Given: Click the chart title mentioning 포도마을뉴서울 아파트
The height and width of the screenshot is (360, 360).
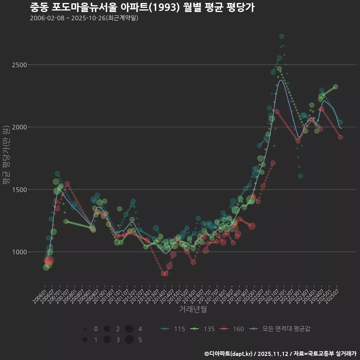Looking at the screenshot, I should [x=142, y=7].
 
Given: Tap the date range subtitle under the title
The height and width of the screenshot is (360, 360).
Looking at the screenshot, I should [x=84, y=18].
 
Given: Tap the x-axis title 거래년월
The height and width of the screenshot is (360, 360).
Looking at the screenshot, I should [x=193, y=309].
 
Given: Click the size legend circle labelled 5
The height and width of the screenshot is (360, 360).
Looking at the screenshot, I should [x=129, y=340].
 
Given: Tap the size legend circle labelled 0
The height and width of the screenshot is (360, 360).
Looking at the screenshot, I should [x=85, y=329].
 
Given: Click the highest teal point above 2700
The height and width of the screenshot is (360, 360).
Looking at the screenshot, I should [x=282, y=36].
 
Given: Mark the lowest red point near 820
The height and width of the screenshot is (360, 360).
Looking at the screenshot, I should [x=164, y=273].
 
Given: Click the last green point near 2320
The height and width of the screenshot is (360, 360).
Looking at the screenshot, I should [x=335, y=87].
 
